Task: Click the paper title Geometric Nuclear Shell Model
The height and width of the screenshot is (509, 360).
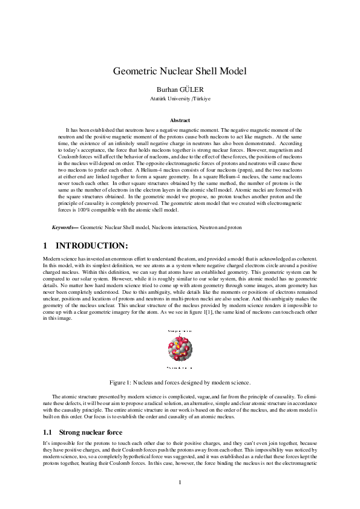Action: [x=180, y=71]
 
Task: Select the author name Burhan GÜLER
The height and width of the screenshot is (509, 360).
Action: [x=180, y=88]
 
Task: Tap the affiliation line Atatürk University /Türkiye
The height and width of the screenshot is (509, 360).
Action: [x=180, y=98]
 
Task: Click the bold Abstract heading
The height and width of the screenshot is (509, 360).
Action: [x=180, y=120]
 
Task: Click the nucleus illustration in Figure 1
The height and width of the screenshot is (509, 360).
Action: [x=180, y=350]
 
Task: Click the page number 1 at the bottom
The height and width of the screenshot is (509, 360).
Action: [x=180, y=482]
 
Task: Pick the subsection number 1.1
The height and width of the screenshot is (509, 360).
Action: [x=48, y=432]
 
